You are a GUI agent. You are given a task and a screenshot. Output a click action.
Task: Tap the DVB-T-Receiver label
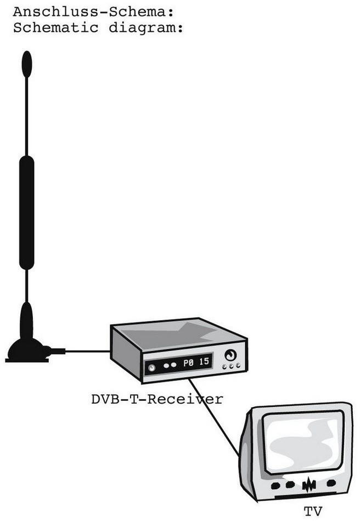tap(157, 399)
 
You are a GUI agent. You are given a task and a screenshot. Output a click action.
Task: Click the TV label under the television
tap(313, 512)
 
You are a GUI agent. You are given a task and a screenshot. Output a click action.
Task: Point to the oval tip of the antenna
tap(26, 64)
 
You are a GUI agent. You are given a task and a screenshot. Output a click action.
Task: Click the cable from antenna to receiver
tap(88, 351)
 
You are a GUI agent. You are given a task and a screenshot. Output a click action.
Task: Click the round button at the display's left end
tap(151, 368)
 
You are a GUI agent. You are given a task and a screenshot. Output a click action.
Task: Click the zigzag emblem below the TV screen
tap(308, 485)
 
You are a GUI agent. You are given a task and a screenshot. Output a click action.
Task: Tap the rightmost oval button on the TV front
tap(331, 483)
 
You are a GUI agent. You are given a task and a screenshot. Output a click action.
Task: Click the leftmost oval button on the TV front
tap(275, 485)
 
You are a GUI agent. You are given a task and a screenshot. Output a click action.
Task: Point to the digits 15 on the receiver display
tap(204, 361)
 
